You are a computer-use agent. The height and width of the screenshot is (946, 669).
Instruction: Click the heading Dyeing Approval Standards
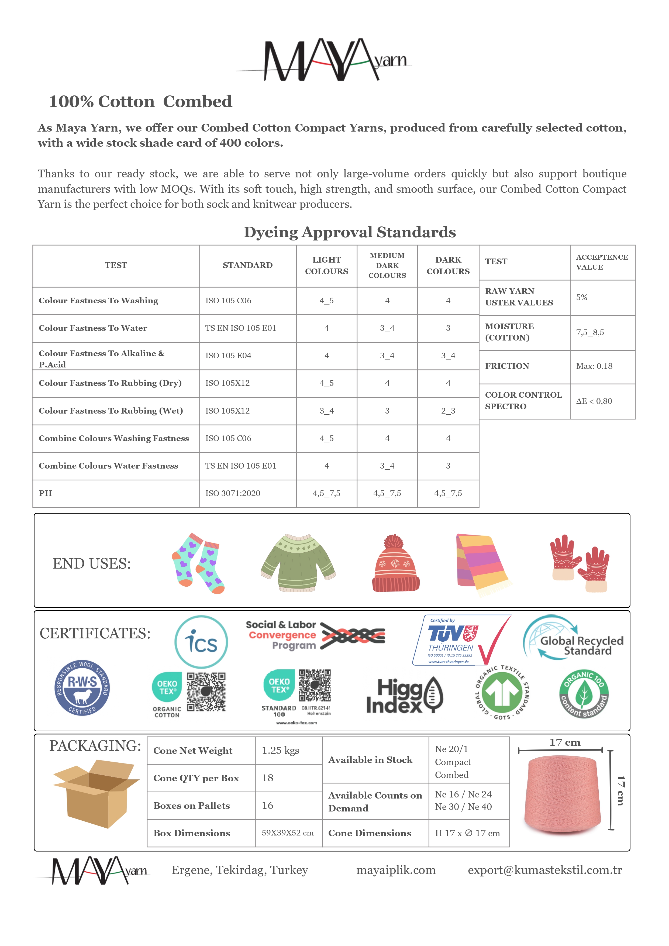coord(350,232)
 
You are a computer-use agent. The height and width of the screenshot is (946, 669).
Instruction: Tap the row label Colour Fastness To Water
coord(93,328)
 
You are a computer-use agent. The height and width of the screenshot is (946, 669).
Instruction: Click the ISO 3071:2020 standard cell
coord(233,493)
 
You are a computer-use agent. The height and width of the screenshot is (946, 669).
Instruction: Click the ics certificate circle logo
coord(201,642)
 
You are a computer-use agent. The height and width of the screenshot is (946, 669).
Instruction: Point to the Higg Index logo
coord(404,696)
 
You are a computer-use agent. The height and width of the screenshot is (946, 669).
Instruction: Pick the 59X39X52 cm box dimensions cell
coord(288,833)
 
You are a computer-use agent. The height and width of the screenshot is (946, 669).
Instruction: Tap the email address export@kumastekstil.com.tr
coord(544,870)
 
